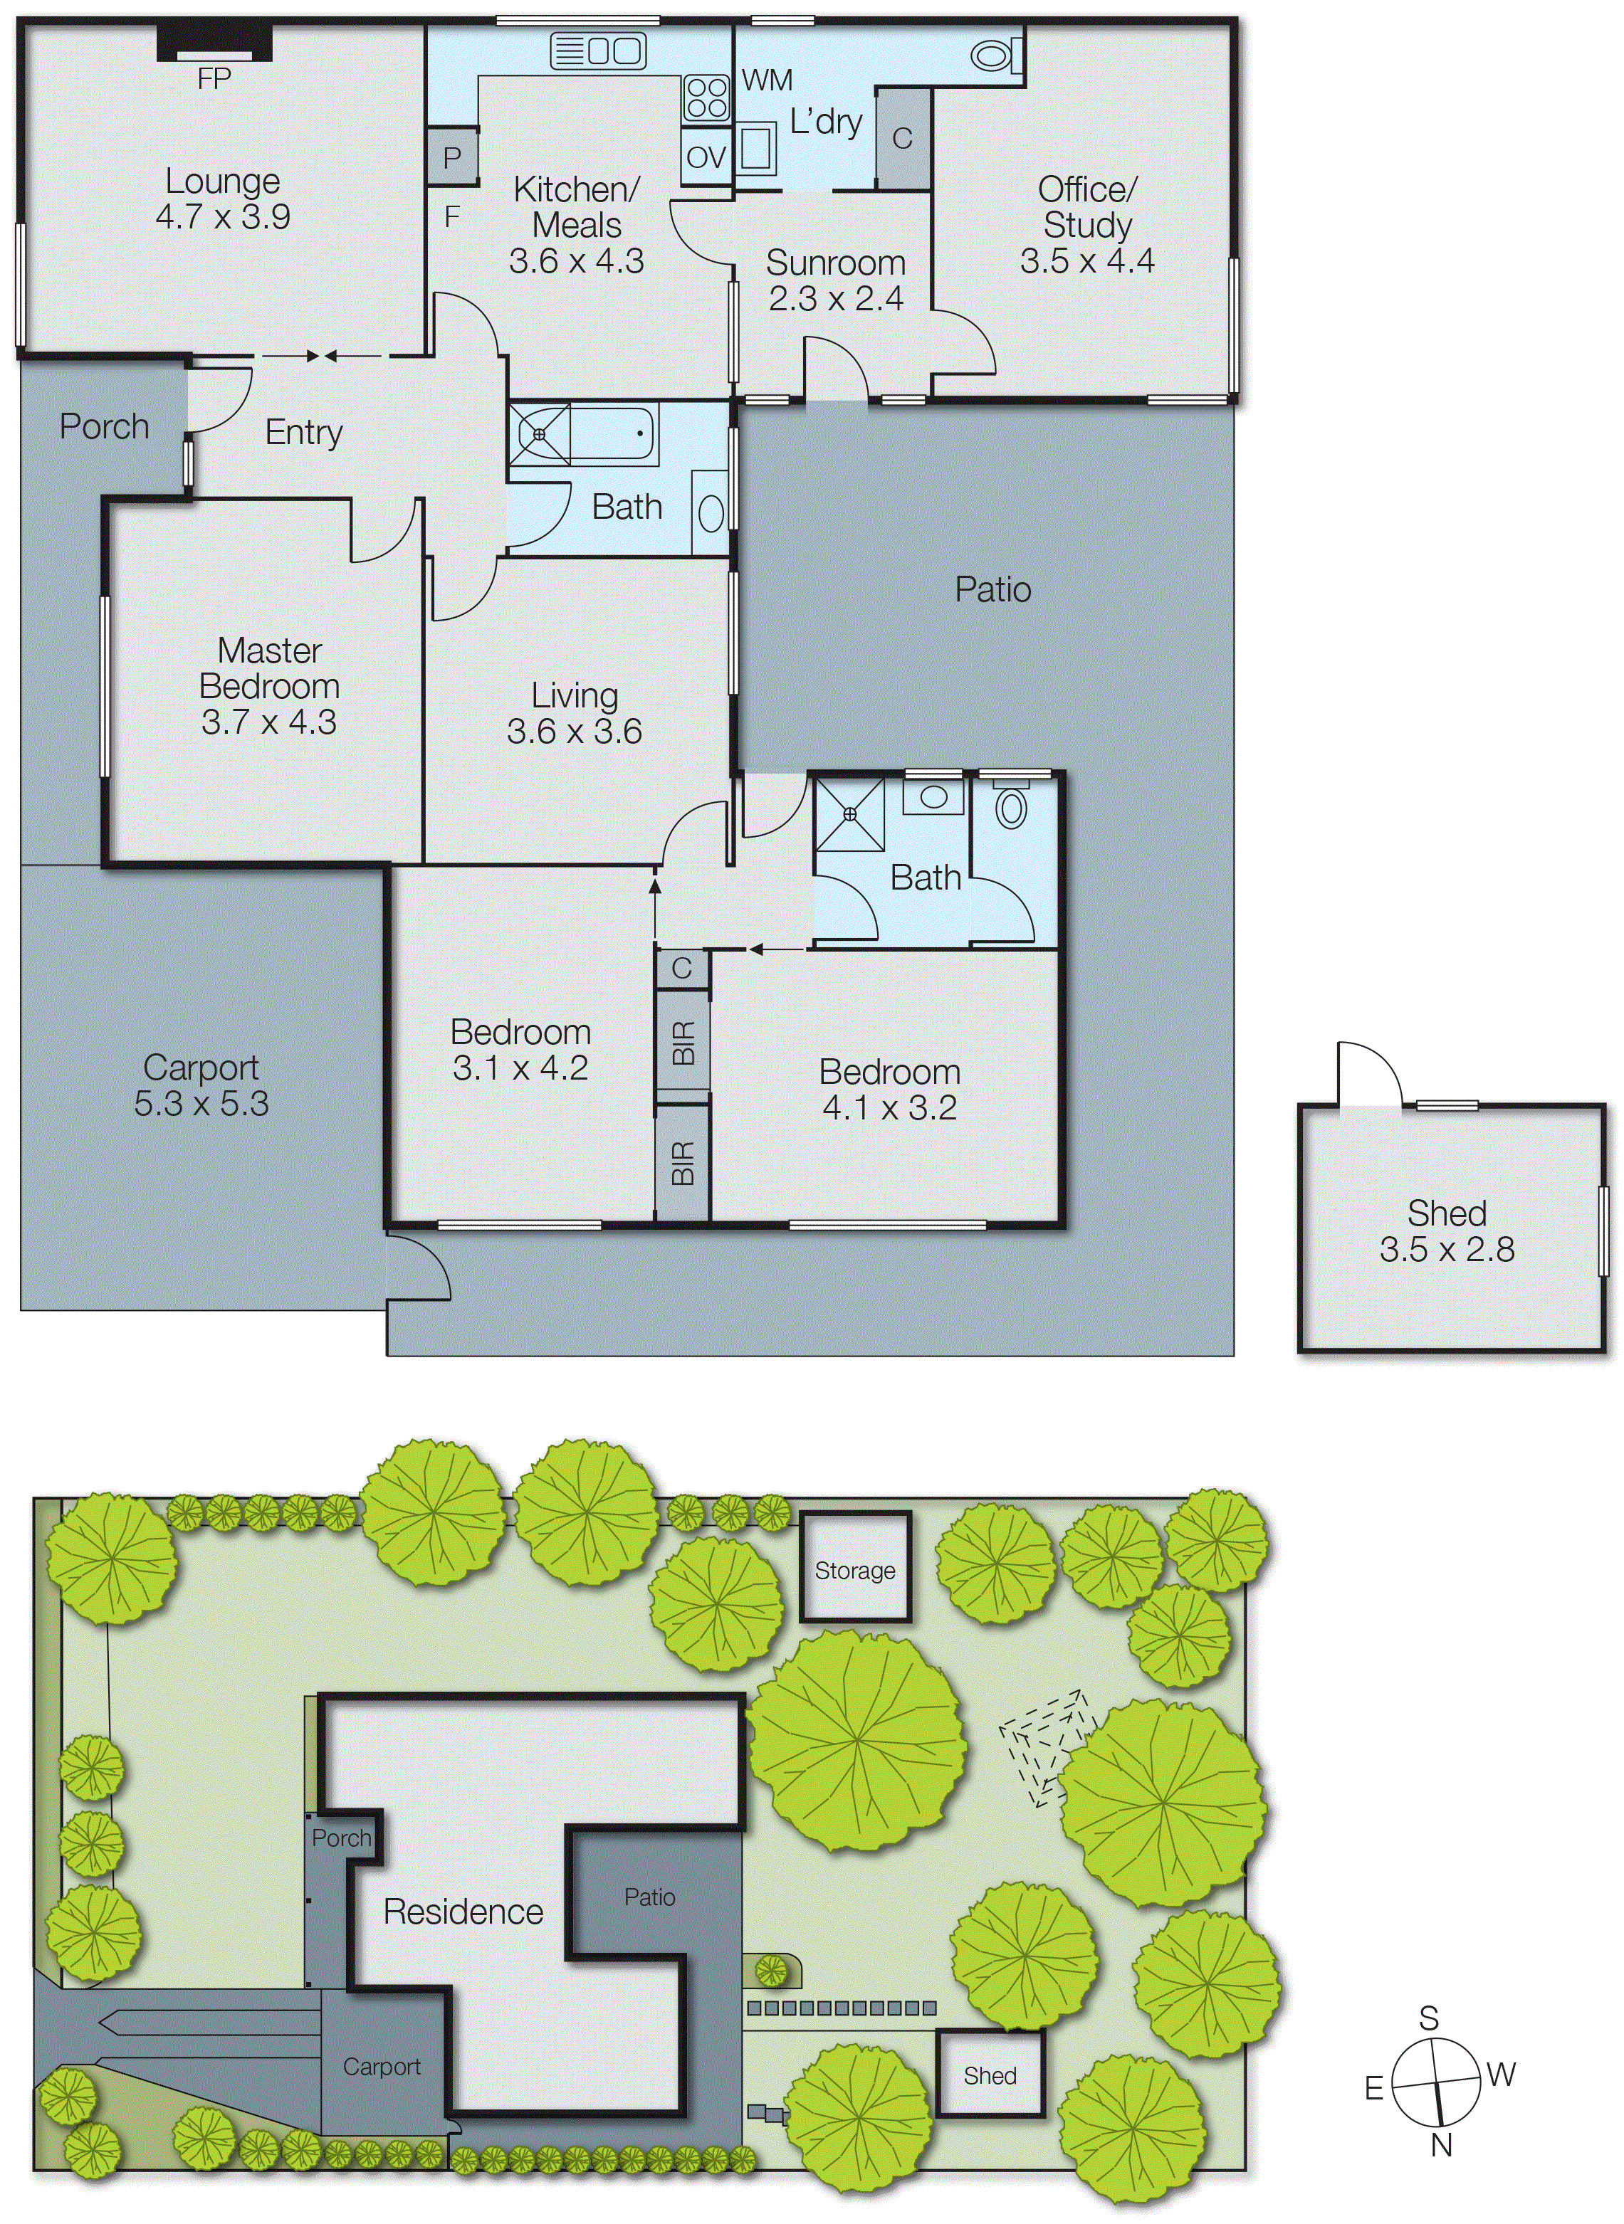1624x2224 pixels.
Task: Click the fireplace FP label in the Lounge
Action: pos(214,78)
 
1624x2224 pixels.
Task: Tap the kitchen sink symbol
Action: pos(597,51)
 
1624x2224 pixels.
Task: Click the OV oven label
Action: pos(705,157)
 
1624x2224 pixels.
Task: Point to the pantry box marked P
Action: pos(452,157)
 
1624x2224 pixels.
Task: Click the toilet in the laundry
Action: pos(995,56)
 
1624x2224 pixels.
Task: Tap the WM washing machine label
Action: pos(767,80)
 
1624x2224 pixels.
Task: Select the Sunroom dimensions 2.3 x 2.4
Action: pos(836,297)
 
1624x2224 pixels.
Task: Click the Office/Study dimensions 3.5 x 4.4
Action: pos(1086,260)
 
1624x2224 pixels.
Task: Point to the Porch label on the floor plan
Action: pos(104,426)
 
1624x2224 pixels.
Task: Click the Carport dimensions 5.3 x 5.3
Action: pos(201,1104)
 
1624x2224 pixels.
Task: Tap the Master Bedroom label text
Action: pos(269,668)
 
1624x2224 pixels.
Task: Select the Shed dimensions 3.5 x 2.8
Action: pos(1446,1249)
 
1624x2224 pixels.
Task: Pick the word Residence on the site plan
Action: pos(463,1912)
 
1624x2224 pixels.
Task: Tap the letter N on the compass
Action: pos(1441,2146)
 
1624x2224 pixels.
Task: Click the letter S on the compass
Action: pos(1428,2018)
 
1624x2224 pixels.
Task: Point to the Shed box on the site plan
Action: pos(989,2075)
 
